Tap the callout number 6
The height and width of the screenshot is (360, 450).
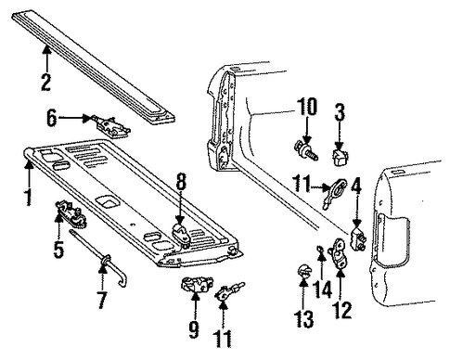coord(52,118)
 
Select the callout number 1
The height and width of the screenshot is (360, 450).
coord(28,197)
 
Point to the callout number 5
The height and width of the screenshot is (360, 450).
coord(58,249)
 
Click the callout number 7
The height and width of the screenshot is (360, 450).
coord(102,300)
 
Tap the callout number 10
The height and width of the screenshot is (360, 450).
coord(307,107)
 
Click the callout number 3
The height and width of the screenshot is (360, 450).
coord(340,111)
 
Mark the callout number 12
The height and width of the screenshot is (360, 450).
coord(342,310)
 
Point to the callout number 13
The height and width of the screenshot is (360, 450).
coord(303,318)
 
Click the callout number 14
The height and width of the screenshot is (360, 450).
coord(323,289)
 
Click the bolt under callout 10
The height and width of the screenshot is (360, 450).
coord(305,150)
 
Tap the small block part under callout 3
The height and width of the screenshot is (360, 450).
coord(340,158)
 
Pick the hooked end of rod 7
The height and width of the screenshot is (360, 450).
coord(122,281)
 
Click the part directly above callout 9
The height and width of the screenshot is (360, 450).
coord(197,284)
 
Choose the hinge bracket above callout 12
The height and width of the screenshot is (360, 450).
coord(340,253)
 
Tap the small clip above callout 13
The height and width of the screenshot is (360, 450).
coord(303,271)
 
